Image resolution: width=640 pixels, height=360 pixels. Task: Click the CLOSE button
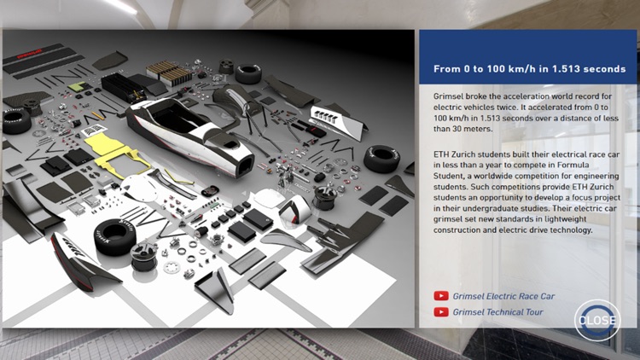596,320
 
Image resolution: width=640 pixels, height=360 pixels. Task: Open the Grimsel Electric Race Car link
504,296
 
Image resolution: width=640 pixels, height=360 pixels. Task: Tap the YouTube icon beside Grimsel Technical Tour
441,312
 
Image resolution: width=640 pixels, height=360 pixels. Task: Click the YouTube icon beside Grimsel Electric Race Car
441,296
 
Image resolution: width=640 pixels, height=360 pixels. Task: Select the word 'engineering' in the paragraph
597,175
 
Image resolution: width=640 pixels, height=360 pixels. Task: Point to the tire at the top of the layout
248,73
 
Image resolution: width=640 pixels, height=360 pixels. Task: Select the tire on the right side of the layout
381,158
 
